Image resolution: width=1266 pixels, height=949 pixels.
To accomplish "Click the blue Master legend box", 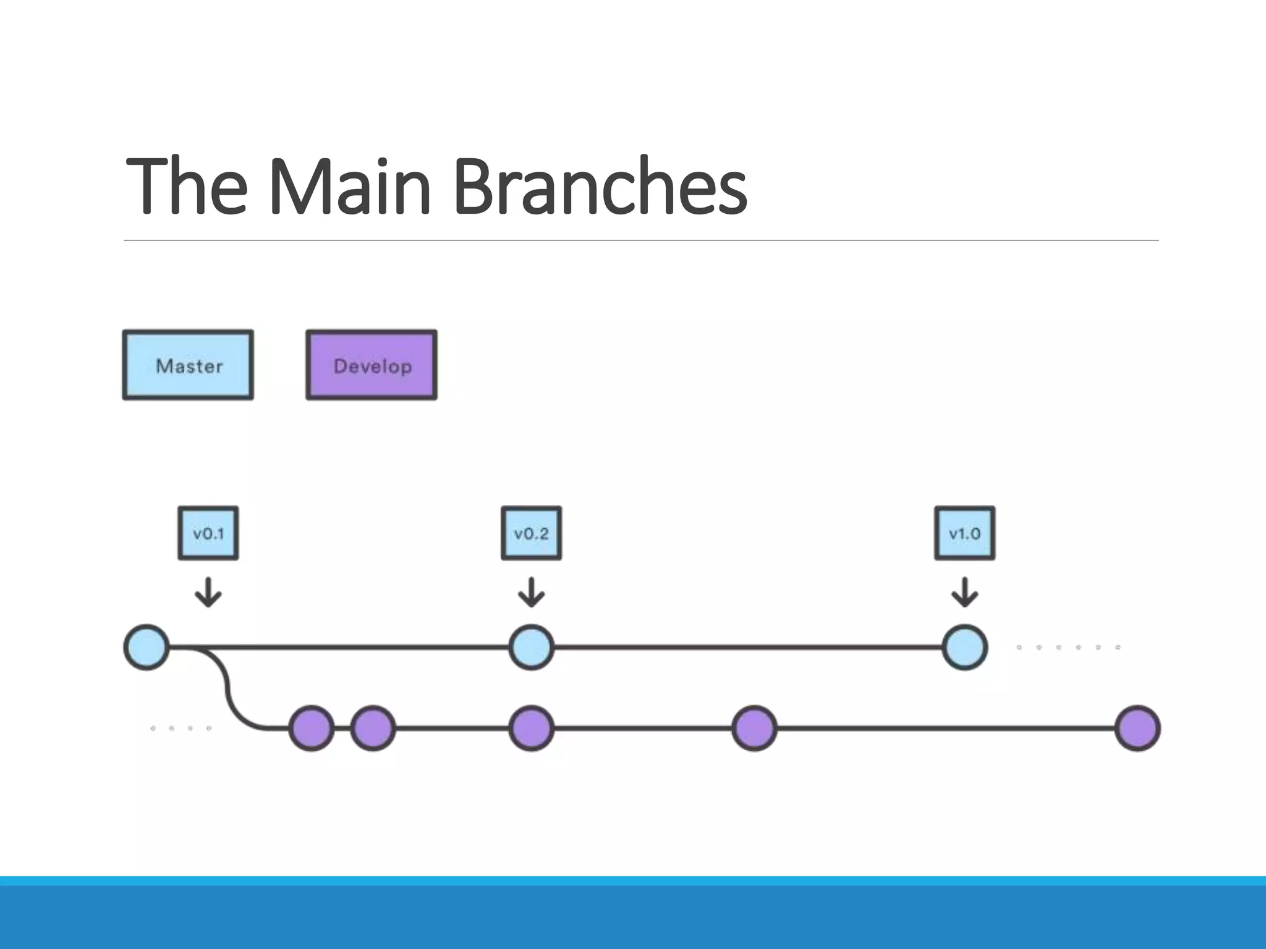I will click(x=188, y=365).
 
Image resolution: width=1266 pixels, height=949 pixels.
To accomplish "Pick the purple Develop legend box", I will click(x=372, y=365).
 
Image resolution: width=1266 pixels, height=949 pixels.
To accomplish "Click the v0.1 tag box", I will click(x=208, y=533).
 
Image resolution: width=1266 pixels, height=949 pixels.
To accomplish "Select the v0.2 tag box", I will click(x=531, y=533).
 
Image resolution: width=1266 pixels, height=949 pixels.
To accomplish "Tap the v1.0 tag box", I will click(x=964, y=533).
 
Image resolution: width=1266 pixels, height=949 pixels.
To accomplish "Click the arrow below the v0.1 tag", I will click(x=208, y=592).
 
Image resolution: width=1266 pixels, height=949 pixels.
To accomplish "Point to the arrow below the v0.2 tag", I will click(x=531, y=592).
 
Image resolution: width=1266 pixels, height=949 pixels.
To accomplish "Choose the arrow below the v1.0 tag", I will click(x=964, y=592).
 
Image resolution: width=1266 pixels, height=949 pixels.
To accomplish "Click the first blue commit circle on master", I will click(x=147, y=647).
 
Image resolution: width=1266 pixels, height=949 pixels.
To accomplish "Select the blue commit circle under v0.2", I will click(x=531, y=647).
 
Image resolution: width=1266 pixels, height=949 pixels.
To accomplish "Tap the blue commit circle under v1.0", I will click(x=964, y=647).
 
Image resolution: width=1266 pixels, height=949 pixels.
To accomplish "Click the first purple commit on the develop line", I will click(x=312, y=728).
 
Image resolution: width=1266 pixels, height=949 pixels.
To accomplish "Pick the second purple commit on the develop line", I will click(x=373, y=728).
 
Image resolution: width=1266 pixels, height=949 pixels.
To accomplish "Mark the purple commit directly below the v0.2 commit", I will click(x=531, y=728).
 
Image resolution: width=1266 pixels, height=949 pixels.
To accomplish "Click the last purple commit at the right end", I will click(x=1137, y=728).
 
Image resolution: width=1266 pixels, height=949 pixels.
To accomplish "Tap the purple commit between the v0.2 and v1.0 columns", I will click(x=754, y=728).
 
